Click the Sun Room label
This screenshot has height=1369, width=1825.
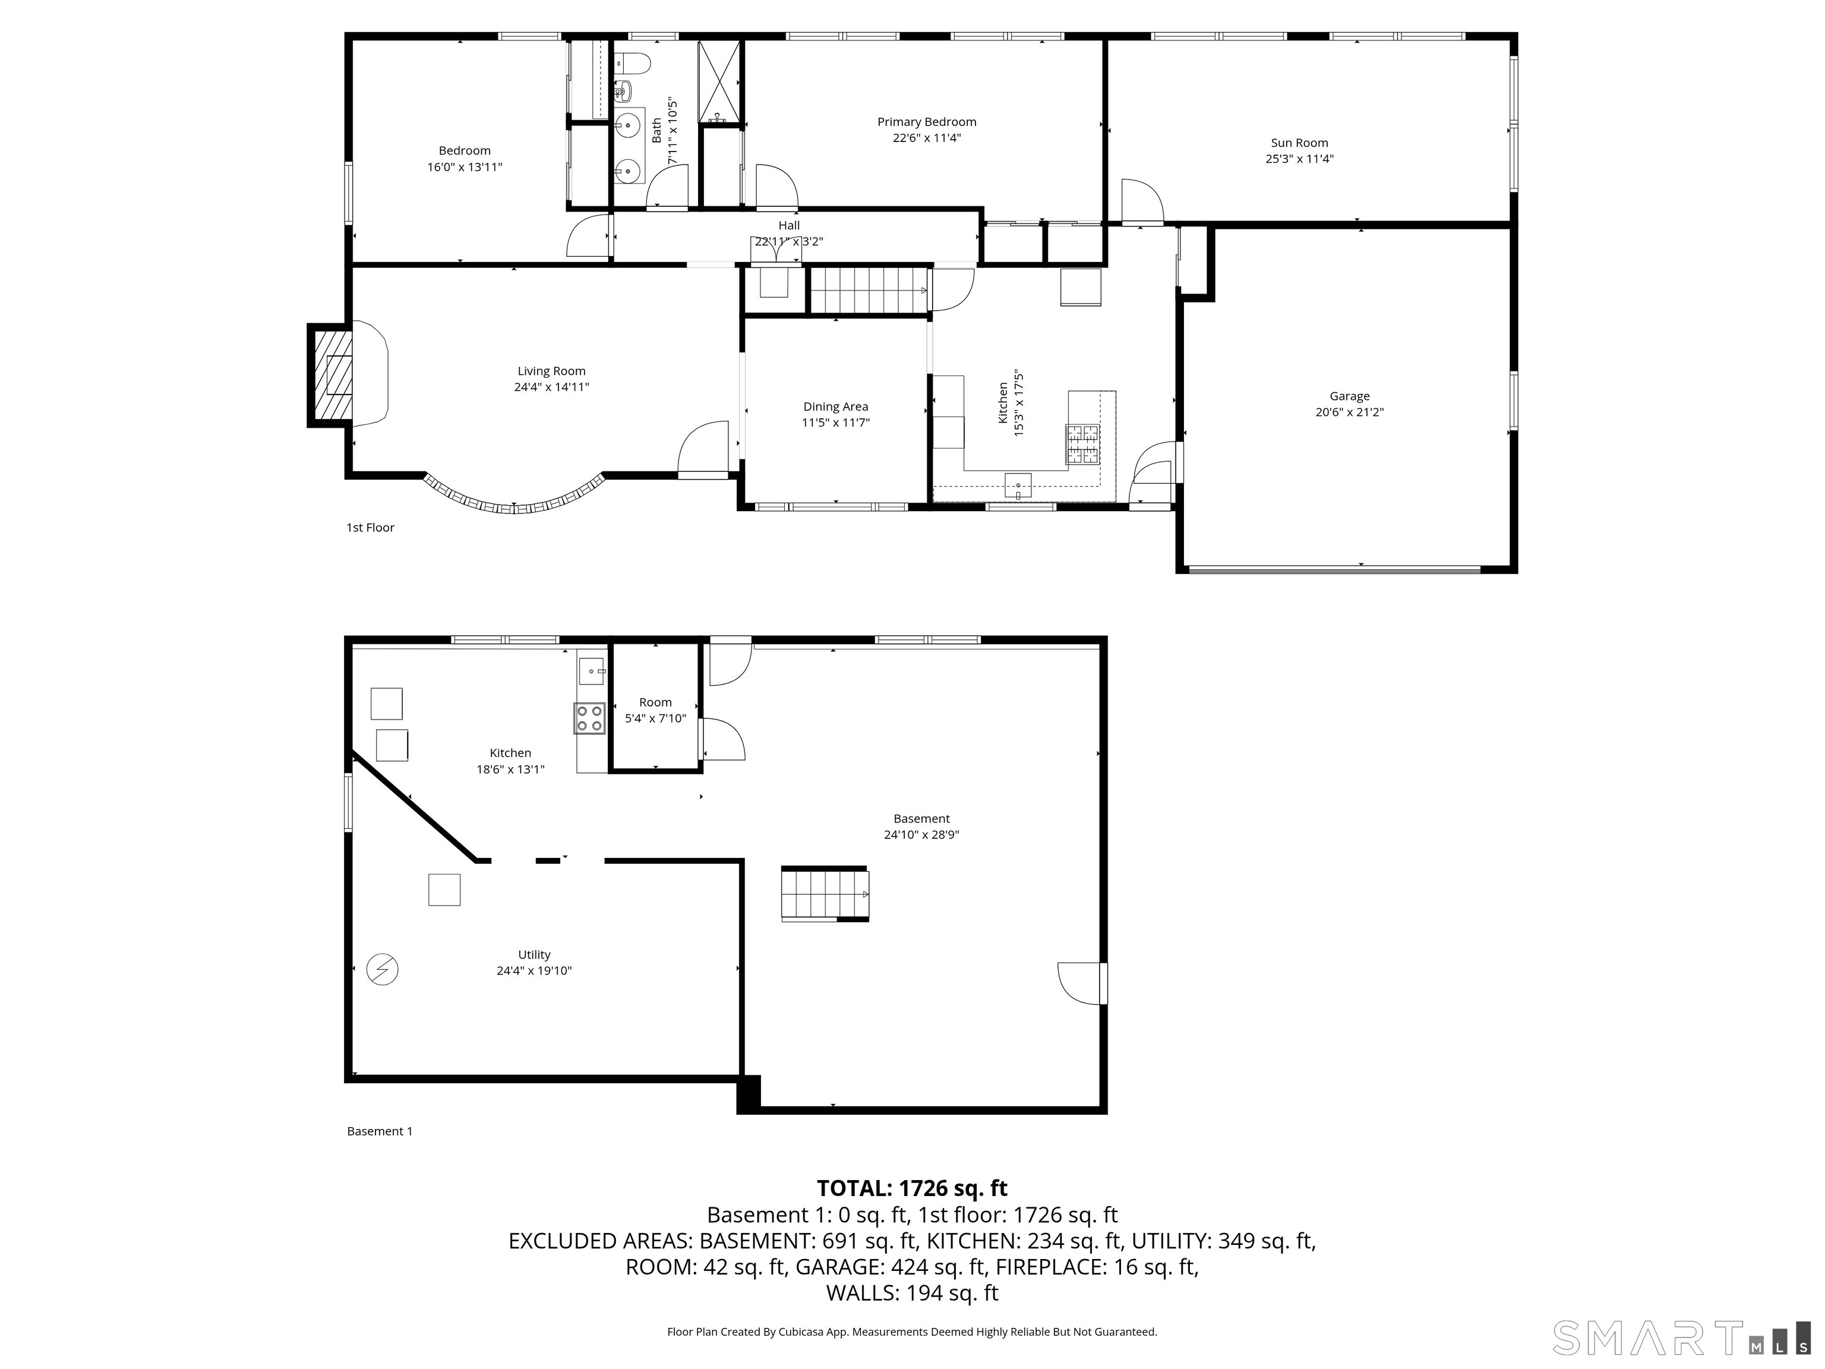click(1299, 143)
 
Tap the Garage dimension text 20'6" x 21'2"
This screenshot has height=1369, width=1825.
click(1349, 412)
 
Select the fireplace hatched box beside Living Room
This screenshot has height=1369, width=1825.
click(331, 376)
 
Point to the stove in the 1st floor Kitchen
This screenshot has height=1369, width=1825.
click(1083, 443)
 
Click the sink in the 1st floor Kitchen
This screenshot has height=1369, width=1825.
click(1018, 484)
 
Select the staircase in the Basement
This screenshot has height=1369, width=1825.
click(824, 894)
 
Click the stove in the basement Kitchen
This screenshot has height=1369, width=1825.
click(590, 717)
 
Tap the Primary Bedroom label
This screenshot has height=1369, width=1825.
click(927, 122)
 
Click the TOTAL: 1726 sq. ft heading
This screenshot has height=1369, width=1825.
click(912, 1188)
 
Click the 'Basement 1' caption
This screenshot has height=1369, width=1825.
click(380, 1131)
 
